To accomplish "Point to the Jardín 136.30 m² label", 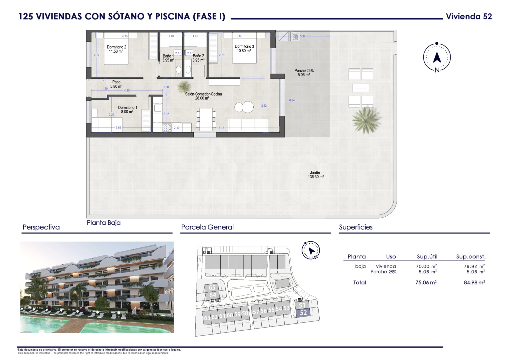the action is click(x=316, y=174).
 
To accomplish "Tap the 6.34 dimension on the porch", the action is click(x=292, y=100).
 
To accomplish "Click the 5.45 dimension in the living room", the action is click(x=221, y=128).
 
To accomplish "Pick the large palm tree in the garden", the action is click(x=366, y=120).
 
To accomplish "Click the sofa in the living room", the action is click(x=248, y=125).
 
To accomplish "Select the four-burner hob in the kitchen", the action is click(x=167, y=127).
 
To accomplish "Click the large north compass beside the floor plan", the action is click(x=437, y=57).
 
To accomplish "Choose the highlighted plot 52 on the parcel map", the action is click(x=303, y=312).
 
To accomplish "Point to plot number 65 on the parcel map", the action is click(x=212, y=287).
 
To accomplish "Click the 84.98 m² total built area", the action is click(x=474, y=282).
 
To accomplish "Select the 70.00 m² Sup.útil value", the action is click(x=426, y=266).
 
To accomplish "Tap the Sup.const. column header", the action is click(x=471, y=256).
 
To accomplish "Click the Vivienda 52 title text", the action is click(x=469, y=16).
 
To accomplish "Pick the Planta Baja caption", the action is click(x=104, y=222).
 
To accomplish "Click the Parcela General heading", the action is click(x=207, y=227).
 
